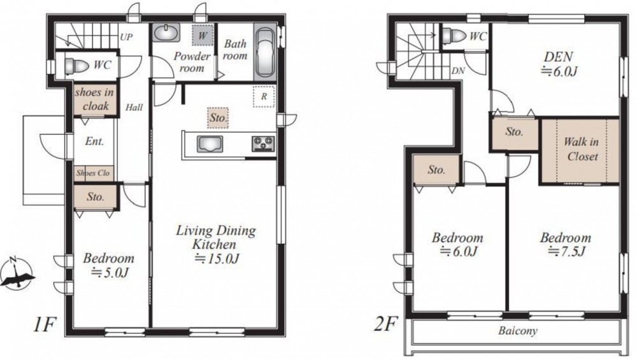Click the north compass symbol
click(17, 273)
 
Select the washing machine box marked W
click(203, 35)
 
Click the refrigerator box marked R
click(264, 97)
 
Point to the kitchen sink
click(210, 144)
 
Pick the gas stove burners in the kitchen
click(263, 144)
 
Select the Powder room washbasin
click(166, 32)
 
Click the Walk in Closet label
click(581, 149)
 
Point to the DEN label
click(558, 57)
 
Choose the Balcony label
click(517, 331)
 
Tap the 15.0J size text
click(216, 259)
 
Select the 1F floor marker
click(43, 325)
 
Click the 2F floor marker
click(385, 325)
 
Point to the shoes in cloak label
click(94, 99)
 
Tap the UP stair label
click(126, 38)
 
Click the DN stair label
click(458, 71)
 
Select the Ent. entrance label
click(94, 141)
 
